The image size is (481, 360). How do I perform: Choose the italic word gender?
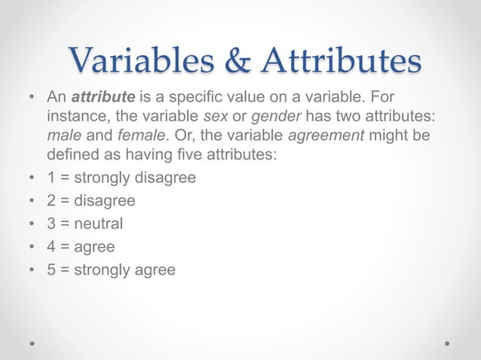pyautogui.click(x=268, y=117)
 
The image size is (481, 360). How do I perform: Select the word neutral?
pyautogui.click(x=97, y=224)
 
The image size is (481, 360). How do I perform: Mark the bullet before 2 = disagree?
pyautogui.click(x=31, y=201)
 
